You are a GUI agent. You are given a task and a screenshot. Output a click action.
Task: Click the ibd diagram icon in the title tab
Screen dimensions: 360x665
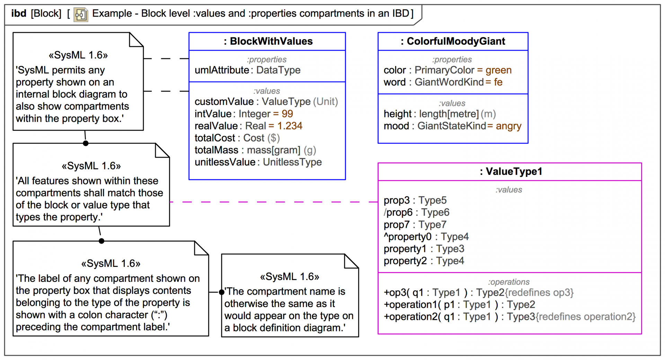point(81,15)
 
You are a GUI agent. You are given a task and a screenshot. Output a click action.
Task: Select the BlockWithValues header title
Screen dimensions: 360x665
point(268,41)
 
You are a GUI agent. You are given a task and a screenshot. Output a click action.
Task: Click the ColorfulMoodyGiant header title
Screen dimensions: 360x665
point(453,41)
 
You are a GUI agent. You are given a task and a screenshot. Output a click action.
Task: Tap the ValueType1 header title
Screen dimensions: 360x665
point(511,171)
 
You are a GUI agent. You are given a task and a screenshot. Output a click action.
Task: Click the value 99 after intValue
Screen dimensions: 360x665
point(287,114)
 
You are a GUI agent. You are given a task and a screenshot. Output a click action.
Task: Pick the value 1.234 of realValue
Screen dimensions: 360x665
point(290,126)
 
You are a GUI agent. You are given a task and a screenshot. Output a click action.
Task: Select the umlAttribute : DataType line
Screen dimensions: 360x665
point(247,70)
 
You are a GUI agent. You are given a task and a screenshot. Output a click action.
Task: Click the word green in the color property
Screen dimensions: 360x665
point(498,70)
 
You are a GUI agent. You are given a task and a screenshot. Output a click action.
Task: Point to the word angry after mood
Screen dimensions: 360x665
point(508,126)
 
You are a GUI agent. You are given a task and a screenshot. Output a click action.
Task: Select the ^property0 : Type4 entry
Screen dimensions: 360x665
point(426,237)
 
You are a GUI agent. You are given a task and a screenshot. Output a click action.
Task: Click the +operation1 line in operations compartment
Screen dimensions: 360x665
point(459,305)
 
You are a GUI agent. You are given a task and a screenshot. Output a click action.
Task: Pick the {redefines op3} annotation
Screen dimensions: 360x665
point(539,293)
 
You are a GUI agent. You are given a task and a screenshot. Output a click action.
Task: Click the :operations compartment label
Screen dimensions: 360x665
point(509,282)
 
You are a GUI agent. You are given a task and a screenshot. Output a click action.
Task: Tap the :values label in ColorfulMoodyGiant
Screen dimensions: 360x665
point(452,103)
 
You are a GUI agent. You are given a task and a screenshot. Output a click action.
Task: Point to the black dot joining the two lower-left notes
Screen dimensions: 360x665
point(101,241)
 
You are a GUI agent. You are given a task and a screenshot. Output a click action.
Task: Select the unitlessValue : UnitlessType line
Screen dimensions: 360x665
point(258,162)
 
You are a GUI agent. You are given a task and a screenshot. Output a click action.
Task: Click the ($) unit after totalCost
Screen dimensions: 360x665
point(273,138)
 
